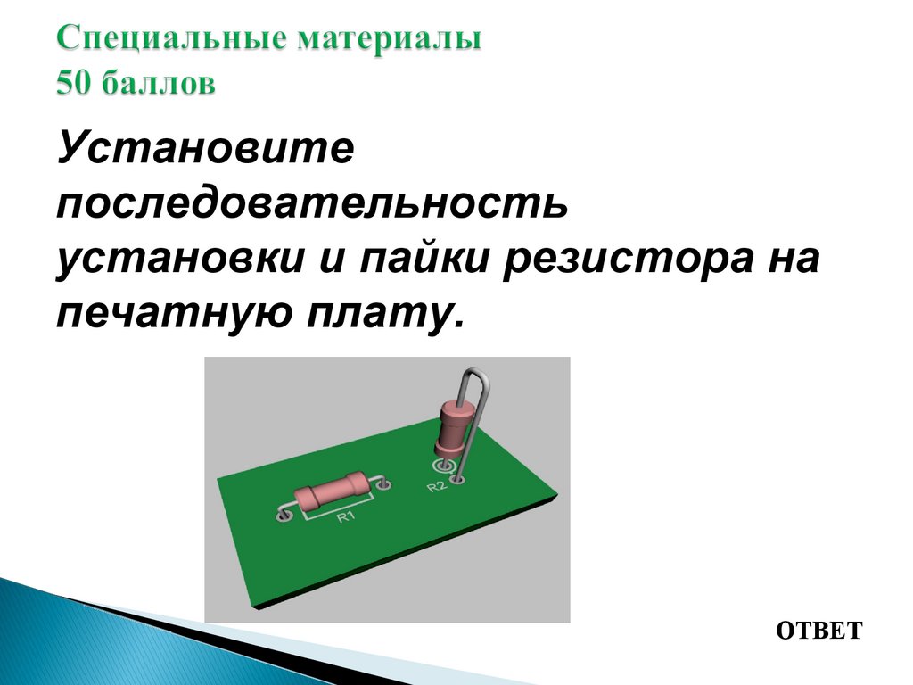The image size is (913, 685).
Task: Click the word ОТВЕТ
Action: click(819, 631)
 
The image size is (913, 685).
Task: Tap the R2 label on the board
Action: click(436, 486)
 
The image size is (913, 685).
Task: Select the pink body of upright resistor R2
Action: click(454, 426)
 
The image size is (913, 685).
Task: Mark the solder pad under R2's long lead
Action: click(459, 480)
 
